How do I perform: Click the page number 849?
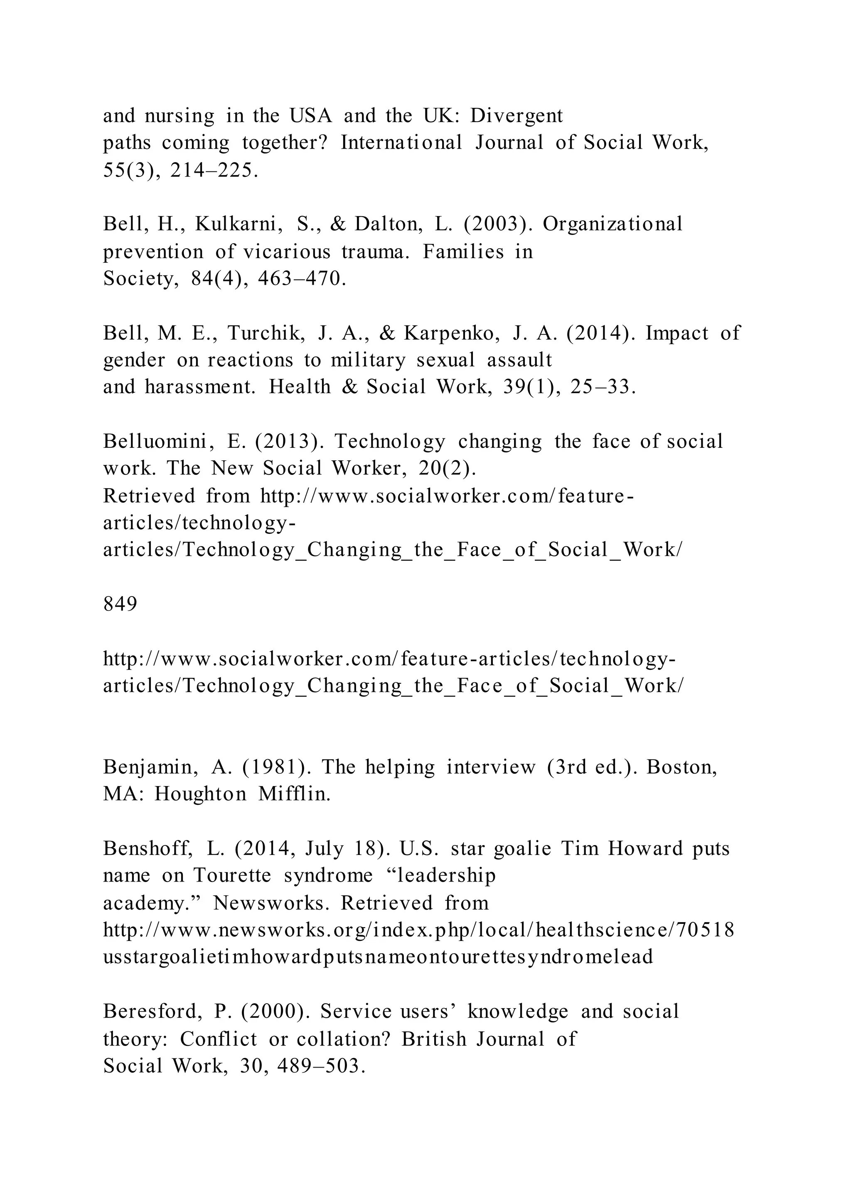click(x=120, y=605)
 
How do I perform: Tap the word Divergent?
click(x=516, y=116)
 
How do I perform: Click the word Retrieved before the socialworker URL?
click(x=149, y=496)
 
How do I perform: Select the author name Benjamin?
click(x=151, y=767)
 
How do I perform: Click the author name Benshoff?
click(x=148, y=849)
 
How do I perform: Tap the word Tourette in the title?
click(x=233, y=876)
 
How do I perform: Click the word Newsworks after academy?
click(x=271, y=903)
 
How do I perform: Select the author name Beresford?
click(x=152, y=1011)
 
